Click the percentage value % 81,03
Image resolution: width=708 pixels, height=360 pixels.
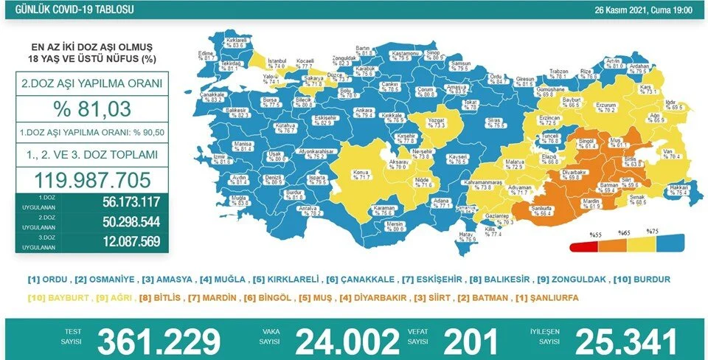click(92, 108)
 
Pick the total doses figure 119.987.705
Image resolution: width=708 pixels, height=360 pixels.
click(92, 179)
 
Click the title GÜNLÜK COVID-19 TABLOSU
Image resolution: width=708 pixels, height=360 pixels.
click(58, 10)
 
